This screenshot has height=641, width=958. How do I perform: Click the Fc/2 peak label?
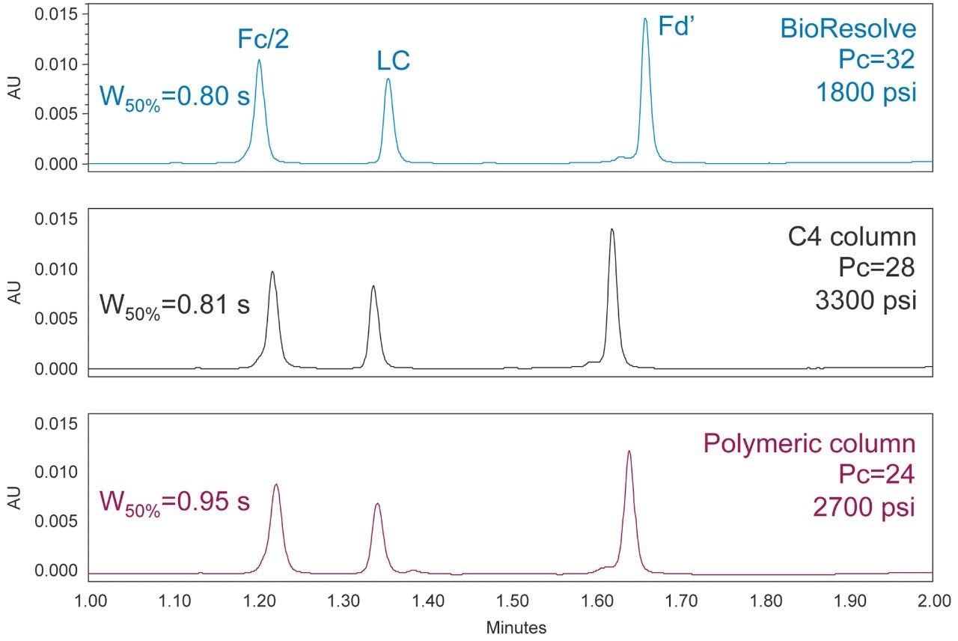(x=263, y=40)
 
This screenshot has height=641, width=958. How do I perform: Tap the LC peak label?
(x=394, y=61)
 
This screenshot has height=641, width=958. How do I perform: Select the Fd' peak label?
(x=677, y=26)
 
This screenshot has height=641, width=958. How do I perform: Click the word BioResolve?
(x=848, y=29)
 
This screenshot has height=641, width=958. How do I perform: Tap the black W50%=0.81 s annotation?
(x=174, y=306)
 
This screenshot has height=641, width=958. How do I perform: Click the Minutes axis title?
(x=516, y=628)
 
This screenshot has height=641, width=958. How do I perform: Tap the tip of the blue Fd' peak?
(x=645, y=19)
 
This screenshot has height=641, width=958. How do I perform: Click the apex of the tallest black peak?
(x=612, y=229)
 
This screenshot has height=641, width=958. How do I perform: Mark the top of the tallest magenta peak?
(x=629, y=451)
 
